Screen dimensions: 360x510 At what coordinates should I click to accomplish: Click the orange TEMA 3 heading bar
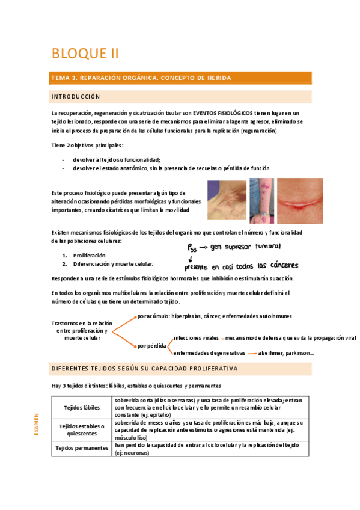click(181, 78)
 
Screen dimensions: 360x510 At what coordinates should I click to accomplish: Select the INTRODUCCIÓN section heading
click(76, 97)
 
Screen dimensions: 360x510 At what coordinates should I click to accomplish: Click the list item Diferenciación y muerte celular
click(112, 263)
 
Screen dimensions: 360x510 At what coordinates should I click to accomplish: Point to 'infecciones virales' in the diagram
click(195, 338)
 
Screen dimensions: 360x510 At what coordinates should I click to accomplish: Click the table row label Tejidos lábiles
click(82, 407)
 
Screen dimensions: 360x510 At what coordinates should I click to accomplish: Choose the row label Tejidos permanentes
click(82, 448)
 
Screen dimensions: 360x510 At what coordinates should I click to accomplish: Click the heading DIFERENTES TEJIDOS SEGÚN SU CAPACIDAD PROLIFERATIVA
click(144, 368)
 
